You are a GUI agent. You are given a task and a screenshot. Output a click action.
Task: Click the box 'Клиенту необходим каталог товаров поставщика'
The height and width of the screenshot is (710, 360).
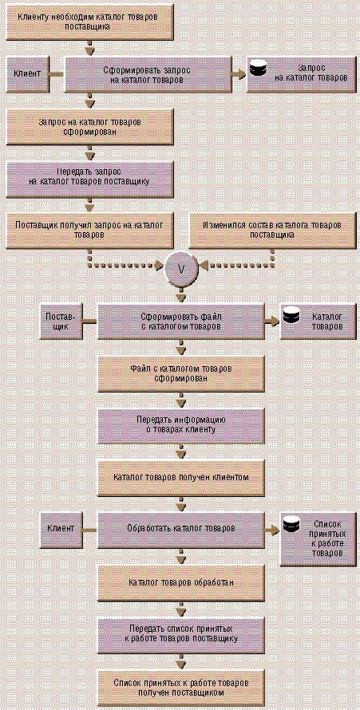coord(90,22)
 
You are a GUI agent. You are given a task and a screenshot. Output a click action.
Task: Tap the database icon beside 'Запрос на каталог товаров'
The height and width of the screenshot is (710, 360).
coord(258,69)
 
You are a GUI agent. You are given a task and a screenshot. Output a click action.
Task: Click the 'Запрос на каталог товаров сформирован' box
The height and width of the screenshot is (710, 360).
coord(90,127)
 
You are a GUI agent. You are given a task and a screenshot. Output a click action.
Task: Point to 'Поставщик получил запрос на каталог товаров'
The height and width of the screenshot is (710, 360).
coord(90,230)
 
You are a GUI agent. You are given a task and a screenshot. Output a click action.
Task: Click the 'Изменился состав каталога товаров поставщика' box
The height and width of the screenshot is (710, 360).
coord(272,230)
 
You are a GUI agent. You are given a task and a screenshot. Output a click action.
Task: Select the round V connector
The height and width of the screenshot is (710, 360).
coord(181,268)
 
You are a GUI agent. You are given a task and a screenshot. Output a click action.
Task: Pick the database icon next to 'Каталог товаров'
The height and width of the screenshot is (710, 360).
coord(291,316)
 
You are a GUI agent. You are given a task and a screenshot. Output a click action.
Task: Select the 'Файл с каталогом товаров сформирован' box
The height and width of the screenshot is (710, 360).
coord(181,374)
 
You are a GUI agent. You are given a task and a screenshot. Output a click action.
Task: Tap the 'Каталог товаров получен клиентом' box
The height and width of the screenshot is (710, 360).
coord(181,478)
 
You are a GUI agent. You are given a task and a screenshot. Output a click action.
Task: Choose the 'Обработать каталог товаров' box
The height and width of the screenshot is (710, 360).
coord(181,530)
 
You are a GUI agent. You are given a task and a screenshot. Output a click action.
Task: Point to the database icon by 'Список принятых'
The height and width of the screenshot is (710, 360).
coord(291,523)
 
